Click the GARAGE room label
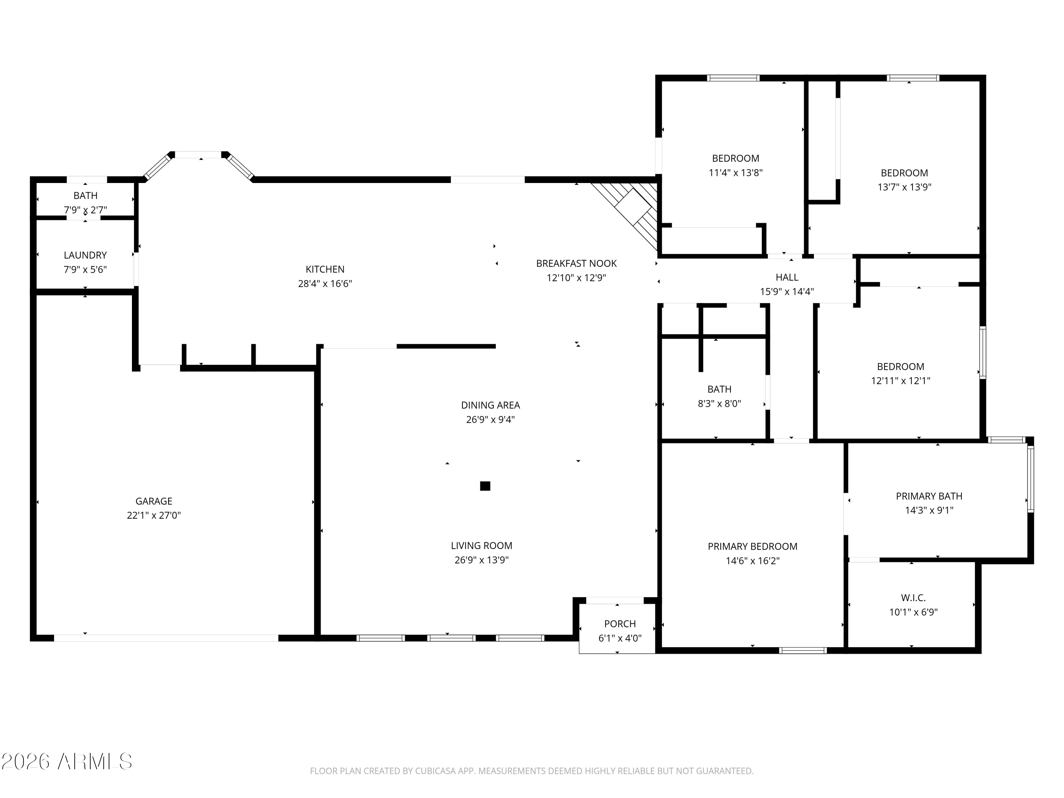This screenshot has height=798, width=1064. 154,501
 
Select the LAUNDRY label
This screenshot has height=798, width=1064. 85,255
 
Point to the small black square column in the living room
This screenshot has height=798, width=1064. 485,486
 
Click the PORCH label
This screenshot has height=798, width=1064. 620,624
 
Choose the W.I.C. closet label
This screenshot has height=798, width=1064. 913,598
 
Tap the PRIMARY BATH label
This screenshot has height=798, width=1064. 929,496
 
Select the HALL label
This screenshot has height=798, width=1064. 787,278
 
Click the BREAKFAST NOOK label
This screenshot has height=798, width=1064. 576,264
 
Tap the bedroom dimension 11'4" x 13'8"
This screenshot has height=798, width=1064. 736,173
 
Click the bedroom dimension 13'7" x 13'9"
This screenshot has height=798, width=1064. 904,187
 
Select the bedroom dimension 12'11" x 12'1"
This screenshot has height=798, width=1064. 900,381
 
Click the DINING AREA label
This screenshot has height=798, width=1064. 490,405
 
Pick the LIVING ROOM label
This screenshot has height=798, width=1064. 482,546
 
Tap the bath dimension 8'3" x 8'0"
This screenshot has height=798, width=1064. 719,404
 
